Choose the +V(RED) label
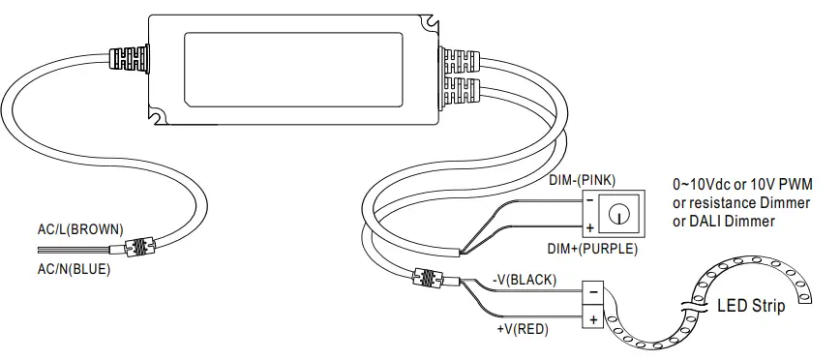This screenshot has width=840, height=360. click(521, 329)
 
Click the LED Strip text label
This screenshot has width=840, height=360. click(751, 307)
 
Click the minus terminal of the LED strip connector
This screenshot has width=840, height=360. click(591, 290)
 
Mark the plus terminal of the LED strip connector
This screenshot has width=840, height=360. click(591, 316)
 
